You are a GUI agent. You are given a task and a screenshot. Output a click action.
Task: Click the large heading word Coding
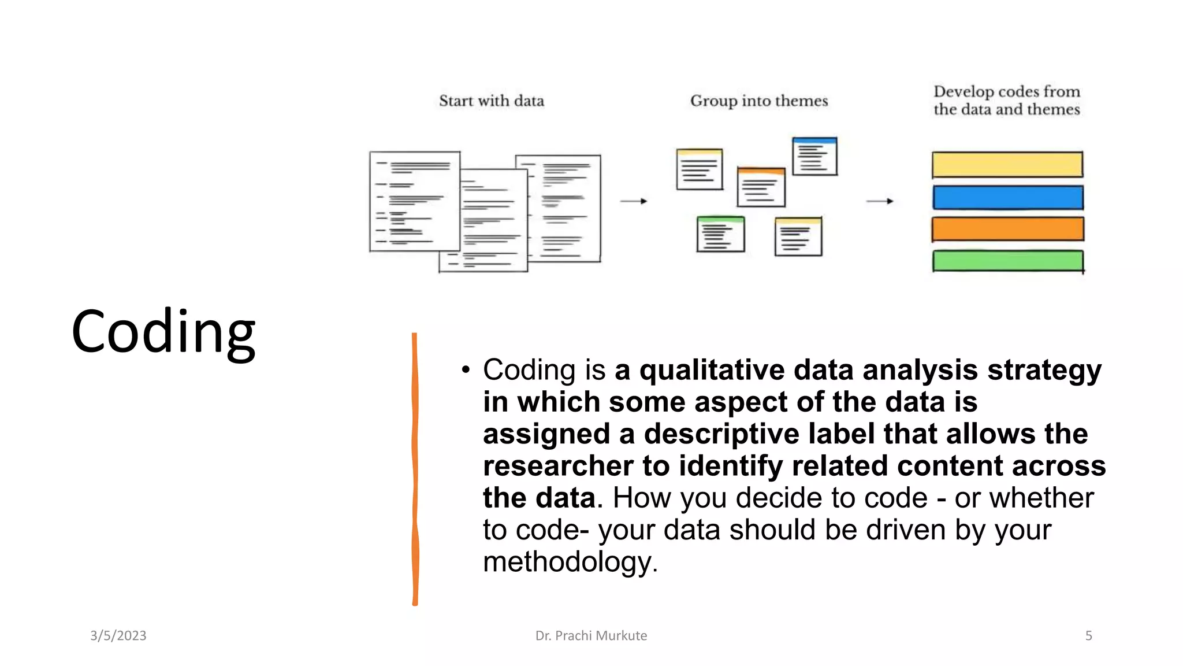(163, 332)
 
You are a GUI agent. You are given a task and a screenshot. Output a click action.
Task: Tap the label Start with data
(492, 101)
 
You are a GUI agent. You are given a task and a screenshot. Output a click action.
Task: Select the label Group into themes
(759, 101)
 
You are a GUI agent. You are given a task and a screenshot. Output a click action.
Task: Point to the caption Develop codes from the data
(1006, 101)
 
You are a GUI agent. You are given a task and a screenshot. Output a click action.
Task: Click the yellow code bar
(1007, 165)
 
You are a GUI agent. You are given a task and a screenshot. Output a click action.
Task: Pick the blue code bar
(1007, 198)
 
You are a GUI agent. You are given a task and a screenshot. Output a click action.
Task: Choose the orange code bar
(1007, 229)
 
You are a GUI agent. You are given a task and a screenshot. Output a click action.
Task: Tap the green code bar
(1007, 261)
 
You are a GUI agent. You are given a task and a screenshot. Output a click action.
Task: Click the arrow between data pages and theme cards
(634, 201)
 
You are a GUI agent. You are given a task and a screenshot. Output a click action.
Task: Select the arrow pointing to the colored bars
(880, 201)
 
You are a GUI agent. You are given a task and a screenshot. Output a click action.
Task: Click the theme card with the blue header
(814, 156)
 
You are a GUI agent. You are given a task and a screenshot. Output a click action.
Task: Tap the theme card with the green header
(720, 234)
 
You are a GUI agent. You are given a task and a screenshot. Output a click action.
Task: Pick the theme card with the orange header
(761, 187)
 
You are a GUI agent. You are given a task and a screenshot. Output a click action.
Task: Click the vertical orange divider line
(415, 468)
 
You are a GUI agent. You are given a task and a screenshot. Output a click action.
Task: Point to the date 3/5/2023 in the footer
(118, 635)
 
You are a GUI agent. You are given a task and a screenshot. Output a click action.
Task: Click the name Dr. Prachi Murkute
(591, 635)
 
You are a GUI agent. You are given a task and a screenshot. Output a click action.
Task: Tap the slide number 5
(1088, 635)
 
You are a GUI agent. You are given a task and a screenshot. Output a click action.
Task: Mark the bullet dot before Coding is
(466, 370)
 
